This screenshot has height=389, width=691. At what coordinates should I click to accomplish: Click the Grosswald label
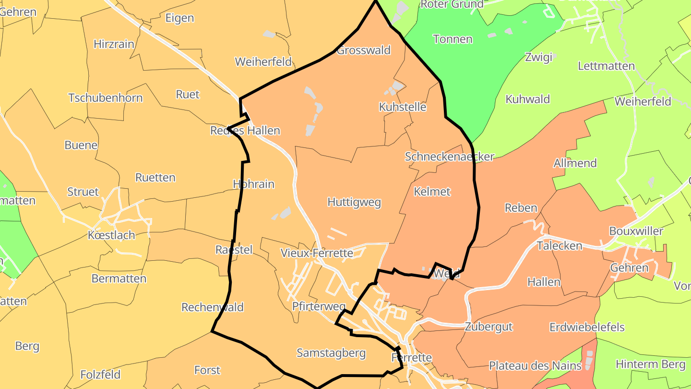pyautogui.click(x=364, y=50)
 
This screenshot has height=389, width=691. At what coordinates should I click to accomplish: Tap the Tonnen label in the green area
pyautogui.click(x=453, y=39)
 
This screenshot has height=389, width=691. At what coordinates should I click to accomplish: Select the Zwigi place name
pyautogui.click(x=539, y=57)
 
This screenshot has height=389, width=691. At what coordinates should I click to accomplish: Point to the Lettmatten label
pyautogui.click(x=606, y=66)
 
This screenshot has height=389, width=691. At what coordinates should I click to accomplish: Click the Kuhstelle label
pyautogui.click(x=402, y=107)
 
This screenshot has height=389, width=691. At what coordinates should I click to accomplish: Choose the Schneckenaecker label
pyautogui.click(x=449, y=157)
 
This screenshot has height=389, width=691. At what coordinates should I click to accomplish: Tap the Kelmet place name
pyautogui.click(x=432, y=192)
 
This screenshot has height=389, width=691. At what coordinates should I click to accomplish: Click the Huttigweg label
pyautogui.click(x=354, y=202)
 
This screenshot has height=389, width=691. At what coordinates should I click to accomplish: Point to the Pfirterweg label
pyautogui.click(x=319, y=306)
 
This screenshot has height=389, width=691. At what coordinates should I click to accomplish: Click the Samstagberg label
pyautogui.click(x=331, y=353)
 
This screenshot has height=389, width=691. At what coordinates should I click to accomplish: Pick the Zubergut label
pyautogui.click(x=488, y=327)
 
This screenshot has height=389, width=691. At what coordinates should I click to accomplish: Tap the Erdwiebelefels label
pyautogui.click(x=587, y=328)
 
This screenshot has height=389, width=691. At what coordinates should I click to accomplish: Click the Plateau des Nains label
pyautogui.click(x=535, y=365)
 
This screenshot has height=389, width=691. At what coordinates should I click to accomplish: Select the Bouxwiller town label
pyautogui.click(x=636, y=231)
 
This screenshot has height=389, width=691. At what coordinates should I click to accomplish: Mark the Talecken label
pyautogui.click(x=560, y=246)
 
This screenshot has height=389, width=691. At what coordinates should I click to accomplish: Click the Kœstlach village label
pyautogui.click(x=111, y=235)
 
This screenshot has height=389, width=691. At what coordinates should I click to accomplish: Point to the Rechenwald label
pyautogui.click(x=213, y=307)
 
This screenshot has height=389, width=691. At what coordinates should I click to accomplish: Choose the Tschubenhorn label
pyautogui.click(x=106, y=98)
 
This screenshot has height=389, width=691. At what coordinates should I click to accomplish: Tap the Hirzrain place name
pyautogui.click(x=114, y=44)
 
